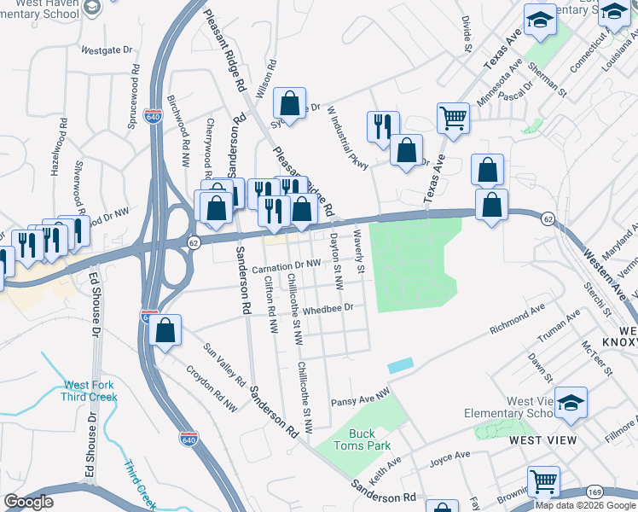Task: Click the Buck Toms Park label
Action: pos(362,439)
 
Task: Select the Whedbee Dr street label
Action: pos(328,309)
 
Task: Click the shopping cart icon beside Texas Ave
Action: pos(453,118)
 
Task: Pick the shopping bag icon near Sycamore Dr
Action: pos(290,103)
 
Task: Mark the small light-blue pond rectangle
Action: pos(400,364)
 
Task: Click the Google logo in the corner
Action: pos(28,502)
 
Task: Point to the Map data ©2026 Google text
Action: pos(585,505)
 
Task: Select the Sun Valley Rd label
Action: pos(223,363)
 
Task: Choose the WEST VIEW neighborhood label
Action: pos(542,440)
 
